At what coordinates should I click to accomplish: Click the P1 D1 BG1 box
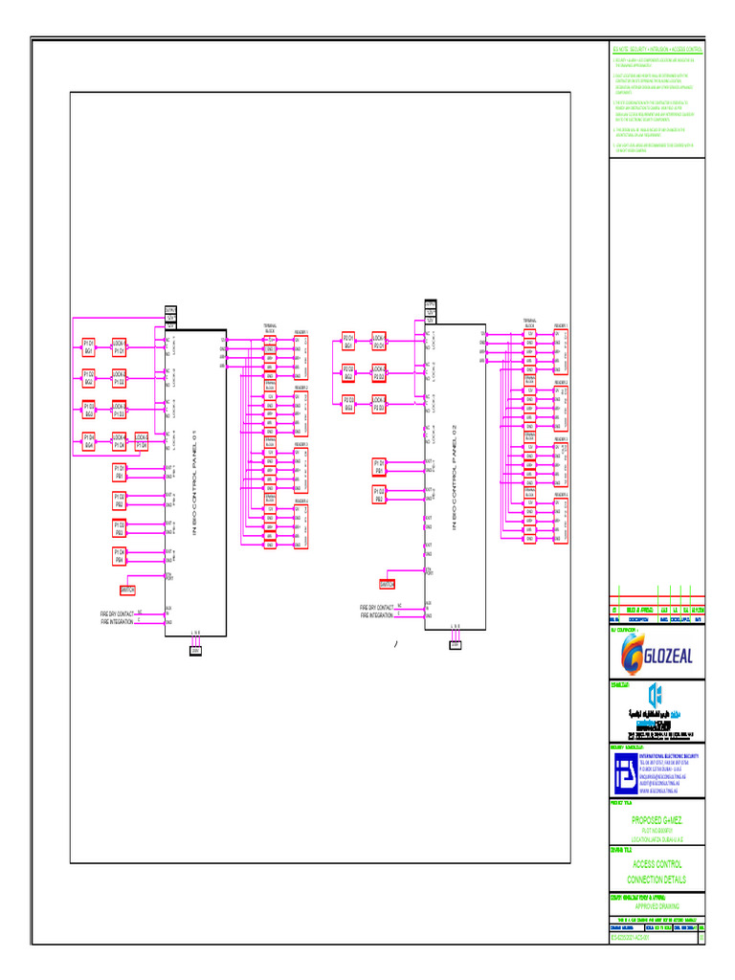[x=89, y=345]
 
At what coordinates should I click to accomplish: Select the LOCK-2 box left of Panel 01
[x=120, y=378]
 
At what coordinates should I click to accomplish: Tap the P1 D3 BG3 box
[x=89, y=411]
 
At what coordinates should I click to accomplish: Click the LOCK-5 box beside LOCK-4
[x=142, y=441]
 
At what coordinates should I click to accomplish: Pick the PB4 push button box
[x=120, y=556]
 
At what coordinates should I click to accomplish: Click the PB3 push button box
[x=120, y=527]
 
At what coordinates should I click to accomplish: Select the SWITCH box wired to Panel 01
[x=128, y=590]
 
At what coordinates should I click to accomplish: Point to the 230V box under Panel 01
[x=195, y=650]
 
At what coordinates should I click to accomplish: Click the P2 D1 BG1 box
[x=349, y=342]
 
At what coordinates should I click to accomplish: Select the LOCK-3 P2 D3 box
[x=378, y=404]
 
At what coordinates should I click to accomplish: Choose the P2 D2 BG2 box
[x=349, y=372]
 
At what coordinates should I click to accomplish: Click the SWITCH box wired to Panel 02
[x=388, y=584]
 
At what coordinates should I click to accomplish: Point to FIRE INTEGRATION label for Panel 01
[x=117, y=622]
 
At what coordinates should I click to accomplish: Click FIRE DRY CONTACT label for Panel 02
[x=376, y=608]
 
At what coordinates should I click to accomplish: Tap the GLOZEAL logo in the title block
[x=657, y=655]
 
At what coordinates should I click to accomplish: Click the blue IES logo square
[x=623, y=771]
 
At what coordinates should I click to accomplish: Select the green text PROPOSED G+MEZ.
[x=657, y=820]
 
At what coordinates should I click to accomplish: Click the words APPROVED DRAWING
[x=657, y=905]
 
